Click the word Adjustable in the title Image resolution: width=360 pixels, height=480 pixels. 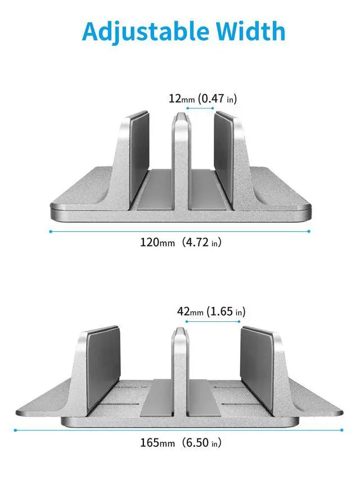[145, 32]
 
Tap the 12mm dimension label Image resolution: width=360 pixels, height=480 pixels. [182, 98]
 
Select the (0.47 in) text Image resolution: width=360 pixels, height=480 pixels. [217, 98]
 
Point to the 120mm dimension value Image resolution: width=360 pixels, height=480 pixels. [157, 243]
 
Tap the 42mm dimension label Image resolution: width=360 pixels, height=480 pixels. [190, 311]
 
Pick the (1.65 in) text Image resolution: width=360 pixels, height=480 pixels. [226, 311]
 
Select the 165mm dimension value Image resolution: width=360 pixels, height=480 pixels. [157, 443]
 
